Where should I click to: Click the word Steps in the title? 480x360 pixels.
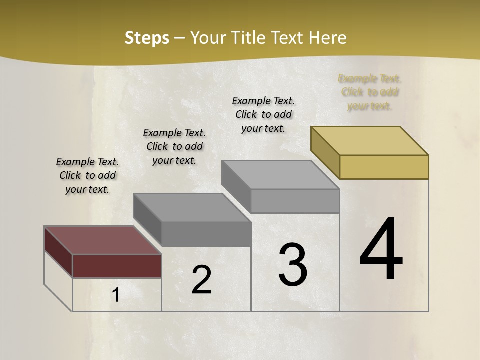[147, 38]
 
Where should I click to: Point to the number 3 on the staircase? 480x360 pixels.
[292, 265]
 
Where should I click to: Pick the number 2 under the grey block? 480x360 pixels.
[201, 280]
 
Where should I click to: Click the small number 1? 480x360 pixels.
[115, 296]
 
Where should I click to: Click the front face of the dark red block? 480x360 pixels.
[117, 266]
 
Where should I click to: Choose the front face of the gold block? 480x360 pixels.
[384, 167]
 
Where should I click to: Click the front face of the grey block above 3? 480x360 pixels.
[295, 201]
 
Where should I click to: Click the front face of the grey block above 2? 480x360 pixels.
[206, 234]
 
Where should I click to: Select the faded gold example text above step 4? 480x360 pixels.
[370, 92]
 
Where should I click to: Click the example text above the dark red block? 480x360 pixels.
[87, 175]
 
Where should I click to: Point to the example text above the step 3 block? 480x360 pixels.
[263, 114]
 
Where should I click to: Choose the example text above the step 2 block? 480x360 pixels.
[174, 146]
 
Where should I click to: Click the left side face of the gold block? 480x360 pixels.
[325, 152]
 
